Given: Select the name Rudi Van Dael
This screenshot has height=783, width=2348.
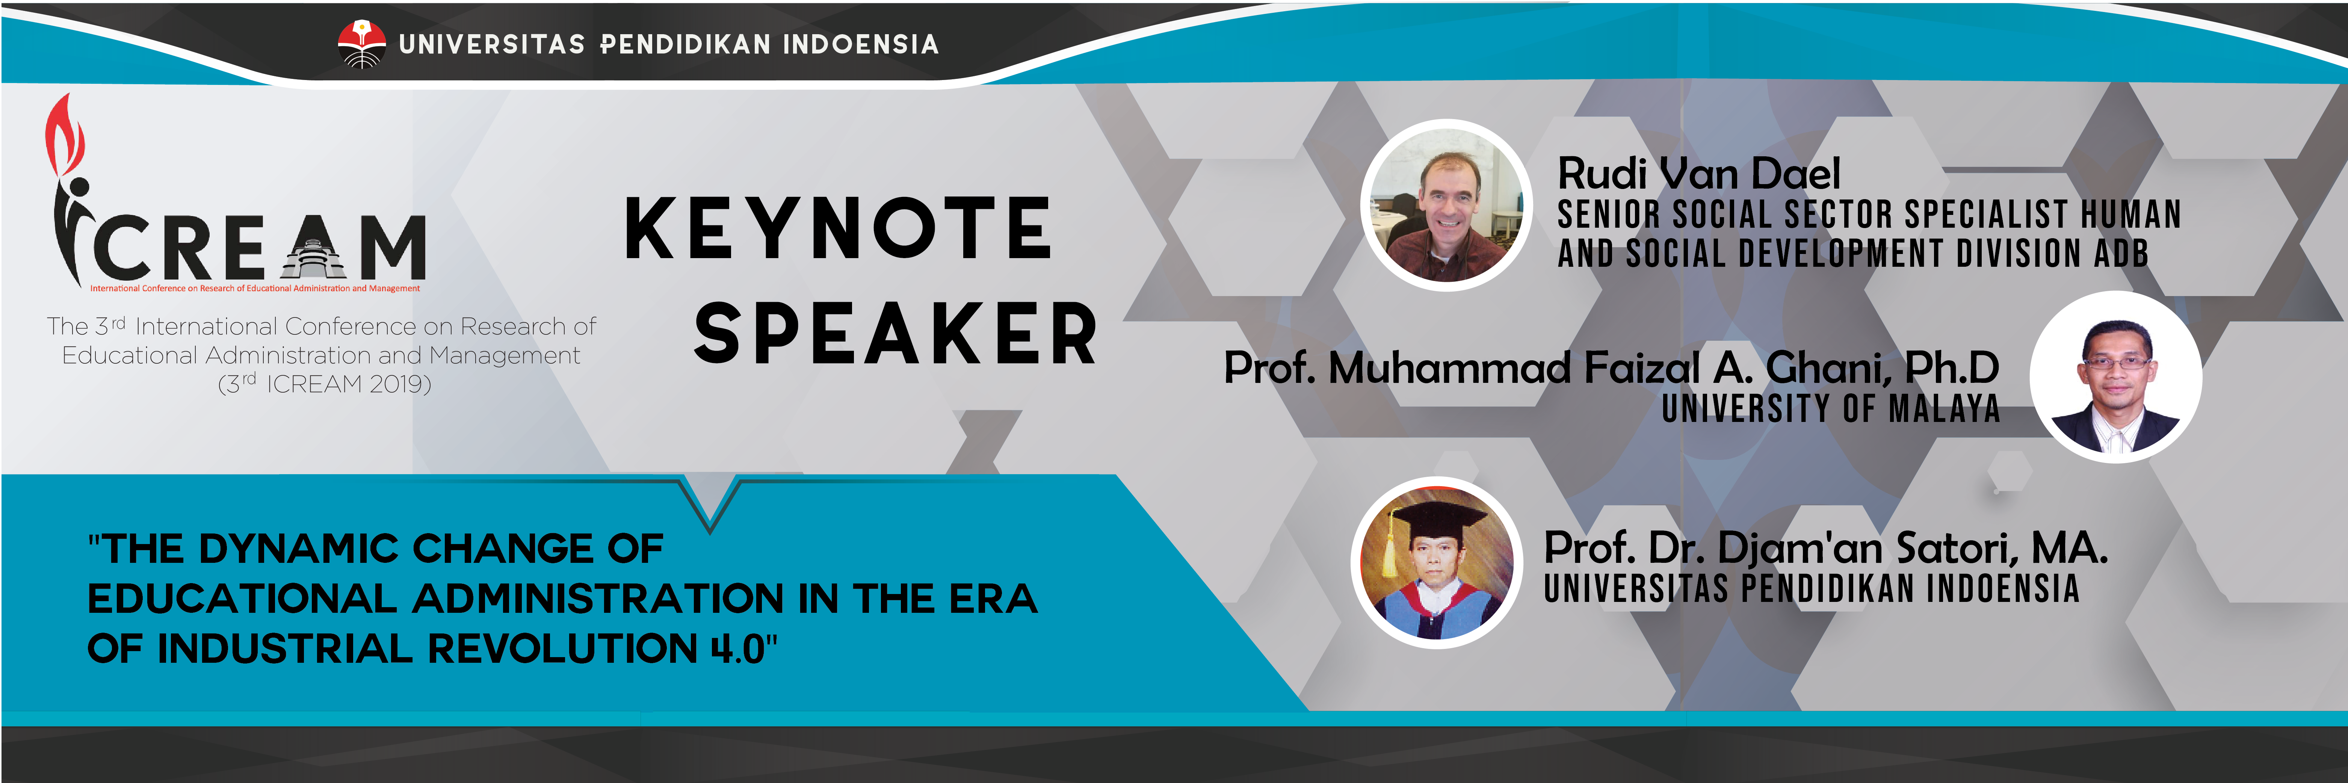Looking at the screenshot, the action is coord(1699,173).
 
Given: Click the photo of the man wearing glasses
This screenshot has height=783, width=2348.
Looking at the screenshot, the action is coord(2115,377).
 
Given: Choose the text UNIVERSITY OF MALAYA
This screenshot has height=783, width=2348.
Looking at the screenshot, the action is coord(1830,408).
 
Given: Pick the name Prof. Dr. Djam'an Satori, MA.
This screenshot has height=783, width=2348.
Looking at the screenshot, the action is coord(1826,548).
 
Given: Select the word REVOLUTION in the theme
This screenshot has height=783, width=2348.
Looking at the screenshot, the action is coord(562,649).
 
